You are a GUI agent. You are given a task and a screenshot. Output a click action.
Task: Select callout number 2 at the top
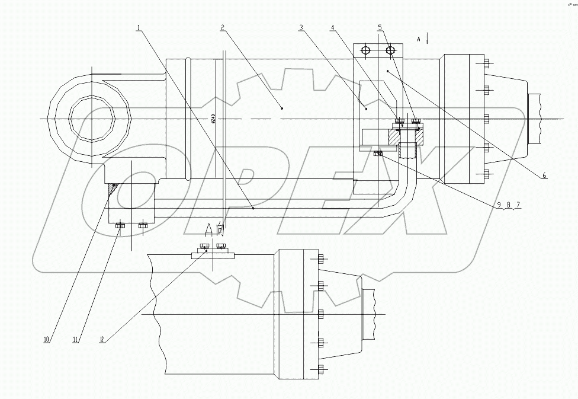[x=221, y=28]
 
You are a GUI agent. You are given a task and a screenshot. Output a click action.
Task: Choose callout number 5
[x=380, y=28]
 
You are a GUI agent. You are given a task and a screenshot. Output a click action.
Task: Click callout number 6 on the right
[x=544, y=175]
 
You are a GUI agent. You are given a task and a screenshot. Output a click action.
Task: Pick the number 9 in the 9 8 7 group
[x=499, y=205]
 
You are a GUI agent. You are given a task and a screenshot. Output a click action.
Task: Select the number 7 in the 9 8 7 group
[x=518, y=205]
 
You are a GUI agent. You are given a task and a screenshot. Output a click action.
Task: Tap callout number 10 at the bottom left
[x=46, y=340]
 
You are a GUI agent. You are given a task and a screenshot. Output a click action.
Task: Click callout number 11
[x=76, y=340]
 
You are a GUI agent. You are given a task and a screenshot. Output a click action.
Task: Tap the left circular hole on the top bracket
[x=365, y=51]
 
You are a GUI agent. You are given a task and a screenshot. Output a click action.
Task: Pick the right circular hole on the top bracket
[x=390, y=51]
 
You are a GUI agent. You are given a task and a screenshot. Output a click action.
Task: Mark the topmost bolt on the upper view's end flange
[x=486, y=63]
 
